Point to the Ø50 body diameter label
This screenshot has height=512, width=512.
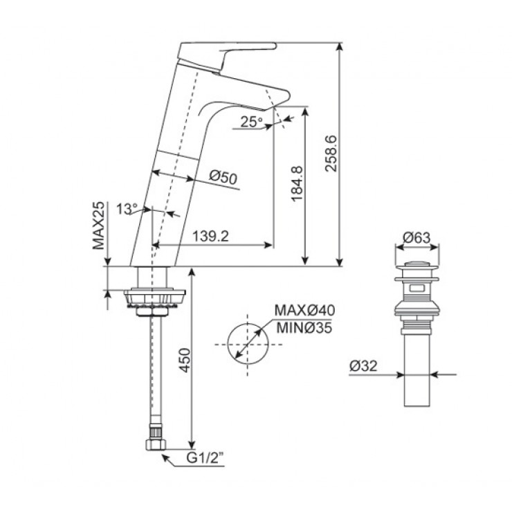coord(222,178)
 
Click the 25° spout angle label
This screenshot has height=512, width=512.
coord(251,122)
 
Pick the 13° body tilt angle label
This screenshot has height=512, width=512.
coord(127,208)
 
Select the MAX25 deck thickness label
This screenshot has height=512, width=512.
coord(99,226)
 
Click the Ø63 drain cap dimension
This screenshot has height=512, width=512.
coord(417,237)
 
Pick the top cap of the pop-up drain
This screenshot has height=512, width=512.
coord(417,265)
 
